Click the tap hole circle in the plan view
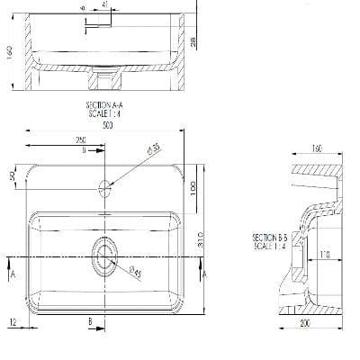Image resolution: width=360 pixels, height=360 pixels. pos(104,188)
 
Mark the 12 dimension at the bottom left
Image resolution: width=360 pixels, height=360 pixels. pos(13,320)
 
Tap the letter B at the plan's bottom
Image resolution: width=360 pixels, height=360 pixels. pos(90,320)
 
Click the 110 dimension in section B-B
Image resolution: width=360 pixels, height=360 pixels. pos(324,256)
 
